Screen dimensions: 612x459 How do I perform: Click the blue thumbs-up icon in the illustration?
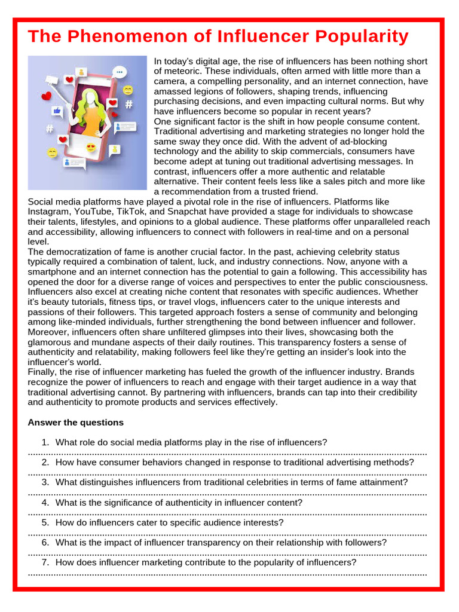(57, 111)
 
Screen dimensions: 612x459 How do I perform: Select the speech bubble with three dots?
(120, 72)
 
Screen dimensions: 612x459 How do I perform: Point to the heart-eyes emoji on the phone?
(91, 148)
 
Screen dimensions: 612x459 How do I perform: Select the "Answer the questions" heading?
(75, 423)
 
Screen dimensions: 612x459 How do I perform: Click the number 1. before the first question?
(45, 442)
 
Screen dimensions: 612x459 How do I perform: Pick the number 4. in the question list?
(45, 503)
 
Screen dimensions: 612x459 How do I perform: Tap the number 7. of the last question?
(45, 562)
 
